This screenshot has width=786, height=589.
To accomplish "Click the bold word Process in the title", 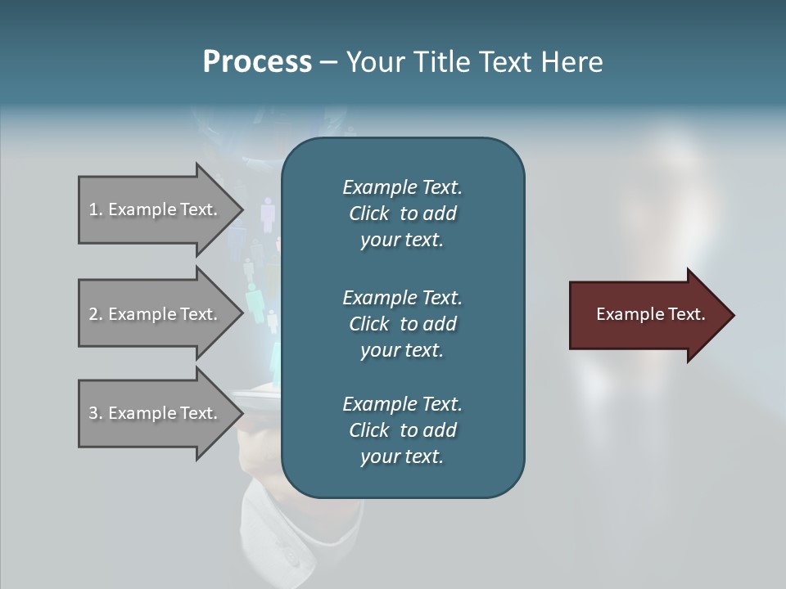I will coord(257,62).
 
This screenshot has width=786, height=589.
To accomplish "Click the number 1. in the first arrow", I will coord(96,210).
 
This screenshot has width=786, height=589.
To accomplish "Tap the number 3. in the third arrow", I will coord(96,414).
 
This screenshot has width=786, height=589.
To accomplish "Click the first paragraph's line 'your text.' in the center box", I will coord(402,241).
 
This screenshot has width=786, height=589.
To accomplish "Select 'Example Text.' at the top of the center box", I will coord(402,187).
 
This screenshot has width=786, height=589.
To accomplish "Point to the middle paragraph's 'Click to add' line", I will coord(402,324).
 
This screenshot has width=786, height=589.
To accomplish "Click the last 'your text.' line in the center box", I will coord(402,457).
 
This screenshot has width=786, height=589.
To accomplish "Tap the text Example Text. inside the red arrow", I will coord(650,314).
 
